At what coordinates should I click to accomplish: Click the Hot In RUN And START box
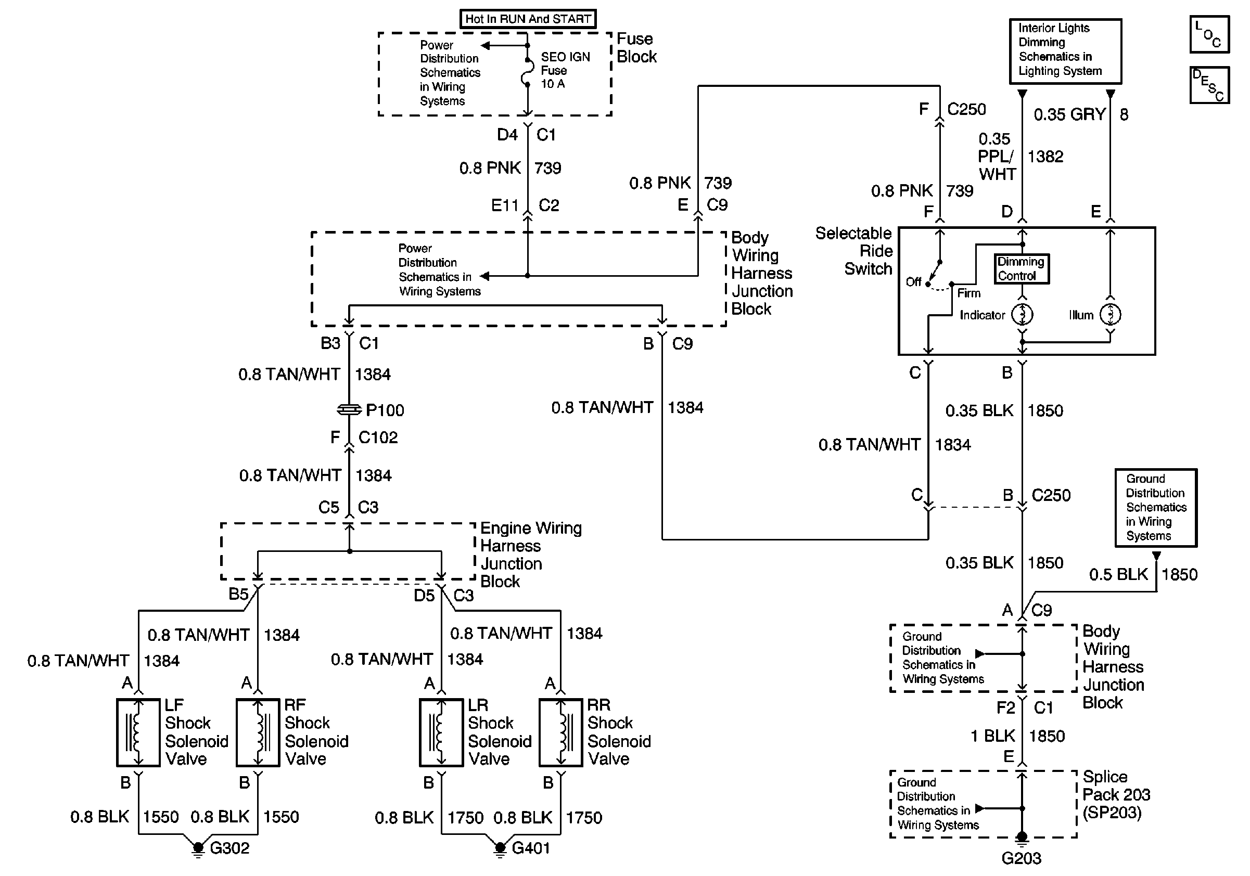tap(528, 19)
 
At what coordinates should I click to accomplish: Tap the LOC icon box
tap(1209, 35)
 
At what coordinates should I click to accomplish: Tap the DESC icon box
tap(1209, 85)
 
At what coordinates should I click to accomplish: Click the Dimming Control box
tap(1022, 269)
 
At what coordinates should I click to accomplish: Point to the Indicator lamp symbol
tap(1022, 315)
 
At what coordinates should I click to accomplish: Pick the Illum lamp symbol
tap(1110, 315)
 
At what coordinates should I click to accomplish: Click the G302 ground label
tap(229, 848)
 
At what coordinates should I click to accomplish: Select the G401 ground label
tap(531, 848)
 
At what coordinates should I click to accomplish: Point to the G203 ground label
tap(1021, 858)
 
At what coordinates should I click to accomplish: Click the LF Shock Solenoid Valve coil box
tap(138, 732)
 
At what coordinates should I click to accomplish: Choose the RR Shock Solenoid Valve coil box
tap(561, 732)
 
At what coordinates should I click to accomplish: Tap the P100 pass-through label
tap(385, 410)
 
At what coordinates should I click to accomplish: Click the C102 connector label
tap(378, 437)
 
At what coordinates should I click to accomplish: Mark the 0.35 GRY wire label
tap(1069, 114)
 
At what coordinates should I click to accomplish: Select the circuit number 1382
tap(1045, 157)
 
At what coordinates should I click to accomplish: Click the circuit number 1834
tap(953, 445)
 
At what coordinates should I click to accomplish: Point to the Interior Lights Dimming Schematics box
tap(1065, 51)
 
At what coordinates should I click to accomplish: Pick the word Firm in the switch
tap(969, 293)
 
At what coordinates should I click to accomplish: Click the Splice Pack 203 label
tap(1116, 794)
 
